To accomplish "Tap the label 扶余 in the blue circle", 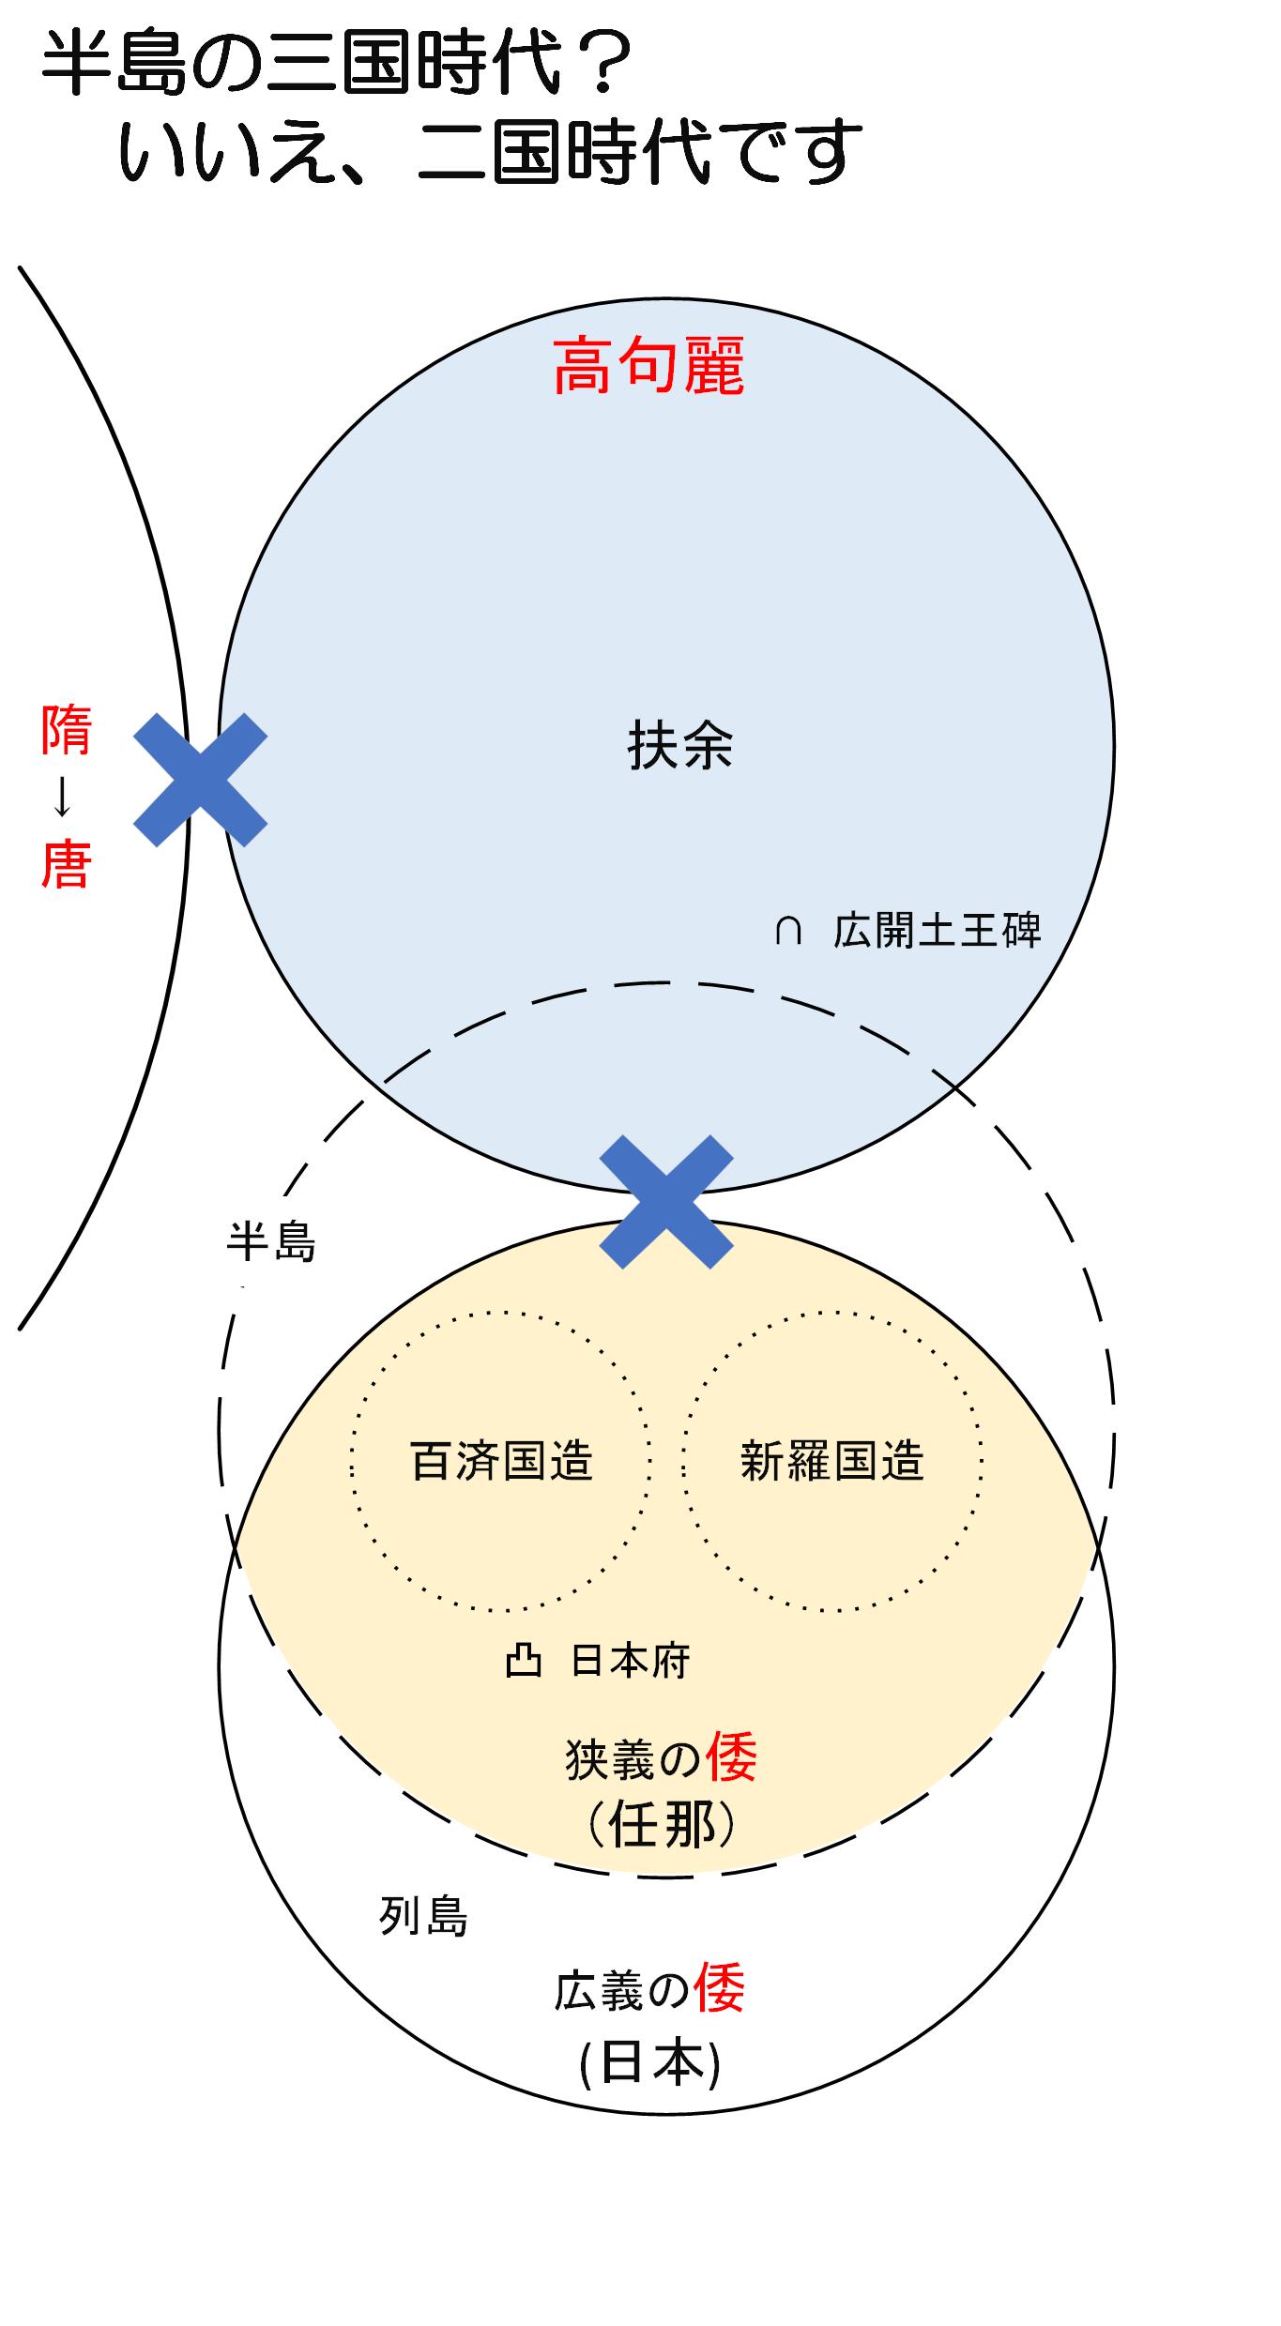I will click(679, 746).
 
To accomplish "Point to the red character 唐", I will click(66, 864).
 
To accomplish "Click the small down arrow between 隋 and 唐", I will click(63, 798).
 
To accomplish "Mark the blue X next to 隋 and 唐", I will click(200, 780).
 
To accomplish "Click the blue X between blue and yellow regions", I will click(665, 1202).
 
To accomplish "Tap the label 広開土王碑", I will click(937, 931).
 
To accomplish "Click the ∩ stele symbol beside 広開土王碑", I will click(787, 931).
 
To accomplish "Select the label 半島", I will click(271, 1242).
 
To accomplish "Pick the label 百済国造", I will click(502, 1461).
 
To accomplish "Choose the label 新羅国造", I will click(832, 1461).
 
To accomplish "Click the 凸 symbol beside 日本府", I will click(524, 1662).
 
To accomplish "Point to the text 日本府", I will click(631, 1662).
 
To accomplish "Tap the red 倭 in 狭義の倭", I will click(731, 1757).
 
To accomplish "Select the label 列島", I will click(423, 1916).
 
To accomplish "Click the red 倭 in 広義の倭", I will click(719, 1989).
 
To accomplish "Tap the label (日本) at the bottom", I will click(650, 2065).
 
